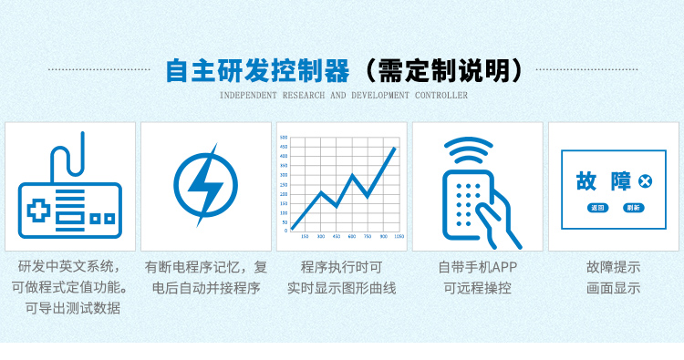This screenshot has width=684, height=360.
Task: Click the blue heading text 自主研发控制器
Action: (257, 71)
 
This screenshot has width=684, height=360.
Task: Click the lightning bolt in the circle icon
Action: (204, 186)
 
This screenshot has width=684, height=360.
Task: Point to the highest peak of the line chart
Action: (395, 148)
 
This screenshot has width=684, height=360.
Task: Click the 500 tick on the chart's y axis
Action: (284, 138)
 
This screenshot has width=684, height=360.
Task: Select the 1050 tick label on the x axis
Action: (399, 236)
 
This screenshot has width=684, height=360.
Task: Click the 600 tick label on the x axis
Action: (352, 236)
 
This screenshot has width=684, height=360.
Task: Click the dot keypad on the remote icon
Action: (467, 201)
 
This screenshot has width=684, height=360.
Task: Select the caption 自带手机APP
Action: (478, 267)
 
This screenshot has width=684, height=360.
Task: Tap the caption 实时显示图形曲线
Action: (342, 288)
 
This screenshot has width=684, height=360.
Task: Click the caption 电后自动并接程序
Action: (206, 288)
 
